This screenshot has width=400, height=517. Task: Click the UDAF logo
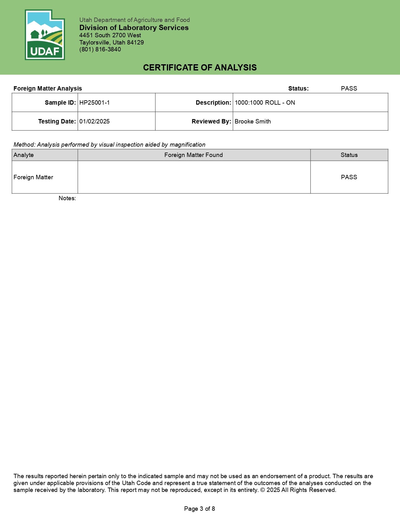[x=45, y=35]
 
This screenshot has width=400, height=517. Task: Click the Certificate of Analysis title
[x=200, y=67]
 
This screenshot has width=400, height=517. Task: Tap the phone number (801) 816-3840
[x=100, y=50]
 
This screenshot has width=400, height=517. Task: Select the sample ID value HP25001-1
[x=94, y=103]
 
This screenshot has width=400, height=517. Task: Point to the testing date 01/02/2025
[x=94, y=122]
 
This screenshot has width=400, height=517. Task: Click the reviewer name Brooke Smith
[x=253, y=122]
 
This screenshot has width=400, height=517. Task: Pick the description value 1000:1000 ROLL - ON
[x=265, y=103]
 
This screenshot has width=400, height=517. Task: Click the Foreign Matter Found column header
[x=194, y=155]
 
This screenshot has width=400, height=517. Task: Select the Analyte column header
[x=24, y=155]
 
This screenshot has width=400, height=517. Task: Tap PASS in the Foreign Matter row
[x=349, y=177]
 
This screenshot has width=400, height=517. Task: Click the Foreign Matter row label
[x=33, y=177]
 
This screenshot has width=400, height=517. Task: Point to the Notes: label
[x=67, y=198]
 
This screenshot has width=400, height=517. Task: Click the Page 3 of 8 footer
[x=200, y=509]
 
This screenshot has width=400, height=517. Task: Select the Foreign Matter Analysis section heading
[x=48, y=89]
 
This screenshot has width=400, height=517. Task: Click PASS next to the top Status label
[x=349, y=89]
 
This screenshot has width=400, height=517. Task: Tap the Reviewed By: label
[x=211, y=122]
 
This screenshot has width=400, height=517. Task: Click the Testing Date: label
[x=57, y=122]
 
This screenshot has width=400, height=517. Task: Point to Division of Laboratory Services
[x=134, y=28]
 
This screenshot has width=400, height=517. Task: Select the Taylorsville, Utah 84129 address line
[x=111, y=43]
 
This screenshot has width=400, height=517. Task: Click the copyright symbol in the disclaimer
[x=262, y=490]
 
